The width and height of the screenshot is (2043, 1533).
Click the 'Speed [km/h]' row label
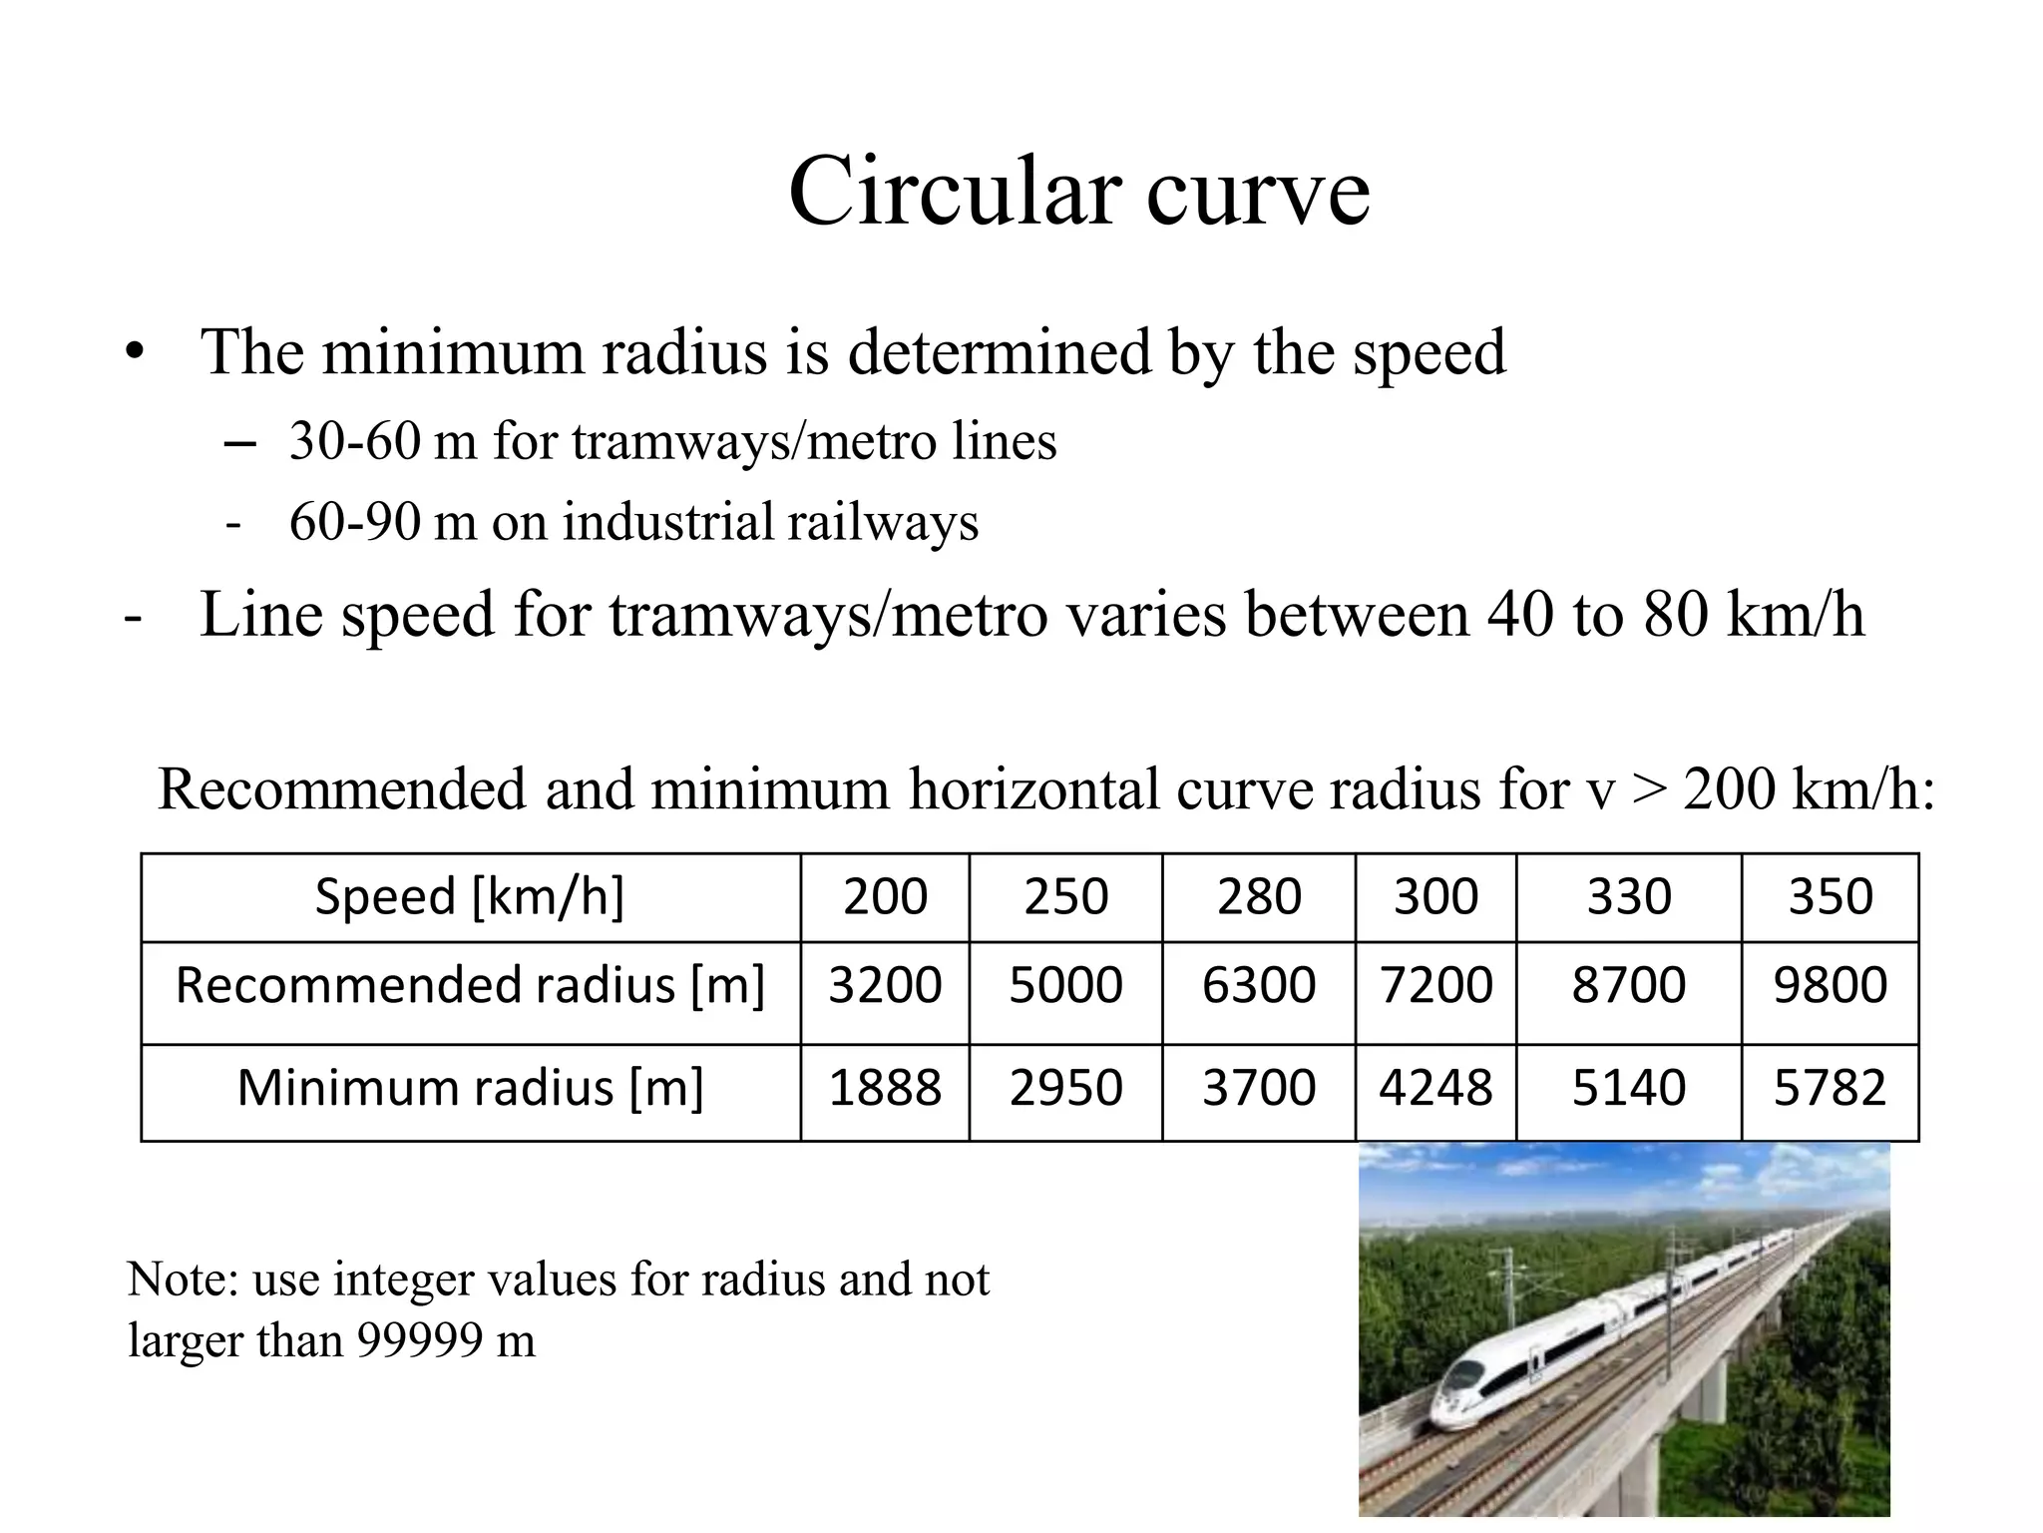(x=470, y=896)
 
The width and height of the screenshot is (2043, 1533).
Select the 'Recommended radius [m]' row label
(x=470, y=985)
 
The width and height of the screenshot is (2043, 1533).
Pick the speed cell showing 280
(x=1259, y=896)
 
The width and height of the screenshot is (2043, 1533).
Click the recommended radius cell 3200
(x=885, y=985)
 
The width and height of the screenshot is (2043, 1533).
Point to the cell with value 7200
(x=1435, y=985)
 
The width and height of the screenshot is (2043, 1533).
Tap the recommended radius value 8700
(x=1629, y=985)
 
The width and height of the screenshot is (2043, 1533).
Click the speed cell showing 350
(x=1830, y=896)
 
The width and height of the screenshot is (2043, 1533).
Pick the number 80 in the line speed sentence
(x=1675, y=614)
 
